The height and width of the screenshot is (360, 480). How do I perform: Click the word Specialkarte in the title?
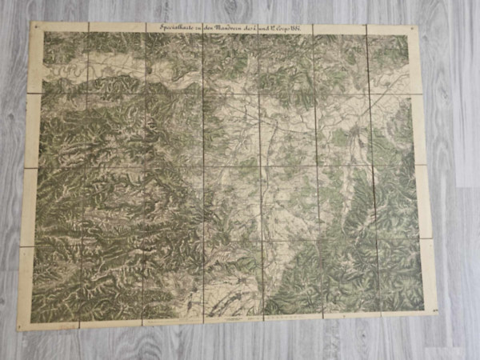click(167, 28)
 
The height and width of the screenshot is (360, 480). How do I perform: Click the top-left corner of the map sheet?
click(32, 23)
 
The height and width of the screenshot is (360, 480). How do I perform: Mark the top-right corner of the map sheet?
click(418, 28)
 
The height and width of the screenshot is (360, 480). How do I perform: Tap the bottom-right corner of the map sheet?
click(437, 313)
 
